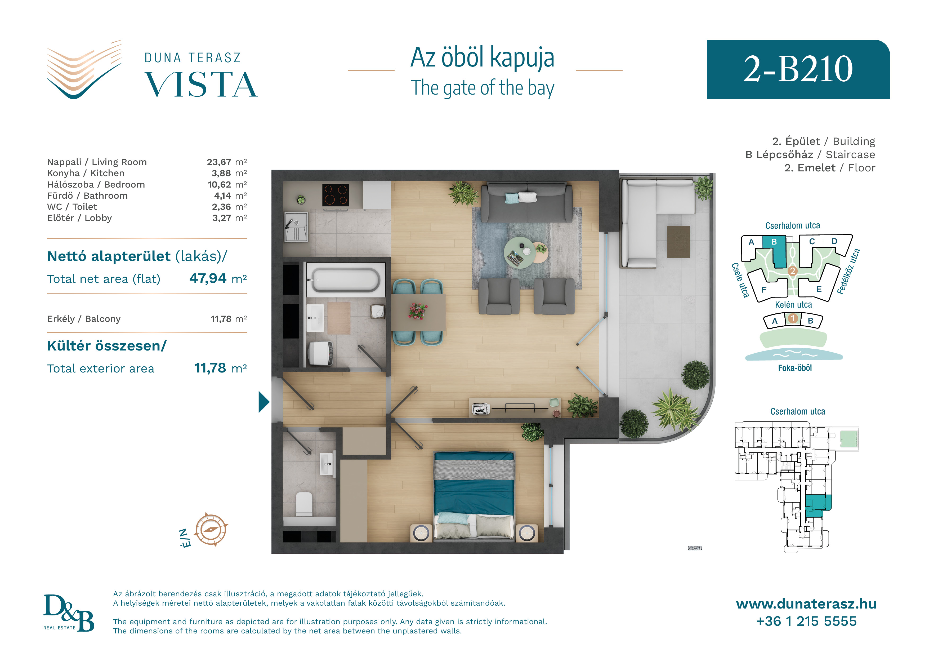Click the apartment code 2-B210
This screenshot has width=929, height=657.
(x=798, y=69)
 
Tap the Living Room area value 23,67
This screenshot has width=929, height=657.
(x=219, y=162)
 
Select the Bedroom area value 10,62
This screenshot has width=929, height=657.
(x=219, y=185)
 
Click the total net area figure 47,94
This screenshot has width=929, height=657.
(x=208, y=278)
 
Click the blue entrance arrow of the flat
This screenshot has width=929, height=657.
(x=264, y=402)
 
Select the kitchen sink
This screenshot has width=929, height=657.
(x=296, y=227)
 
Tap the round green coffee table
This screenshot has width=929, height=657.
(x=520, y=252)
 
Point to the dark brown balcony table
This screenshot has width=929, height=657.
(x=678, y=242)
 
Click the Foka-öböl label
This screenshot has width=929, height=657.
(x=795, y=368)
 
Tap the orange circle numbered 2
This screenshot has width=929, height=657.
(x=793, y=271)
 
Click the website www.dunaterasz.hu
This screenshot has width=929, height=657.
(x=806, y=604)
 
